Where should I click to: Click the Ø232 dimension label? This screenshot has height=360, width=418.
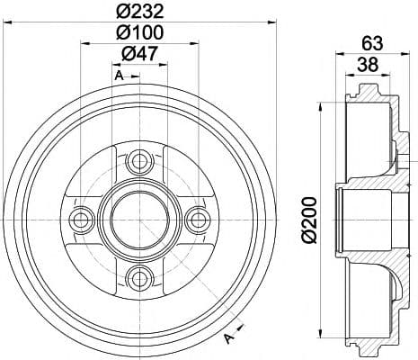tap(140, 12)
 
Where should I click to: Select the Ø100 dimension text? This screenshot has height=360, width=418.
tap(140, 32)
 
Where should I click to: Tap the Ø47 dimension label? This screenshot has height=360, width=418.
tap(139, 54)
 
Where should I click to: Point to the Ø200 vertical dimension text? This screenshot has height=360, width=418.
tap(309, 220)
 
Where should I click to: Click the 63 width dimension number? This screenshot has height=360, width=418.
tap(372, 43)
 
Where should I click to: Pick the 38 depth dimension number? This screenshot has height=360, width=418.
tap(368, 64)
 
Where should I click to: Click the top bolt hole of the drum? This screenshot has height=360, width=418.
tap(140, 162)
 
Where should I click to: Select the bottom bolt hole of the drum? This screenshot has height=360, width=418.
tap(140, 278)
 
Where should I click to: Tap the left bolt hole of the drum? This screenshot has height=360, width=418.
tap(82, 220)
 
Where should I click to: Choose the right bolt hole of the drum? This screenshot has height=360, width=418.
tap(198, 220)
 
